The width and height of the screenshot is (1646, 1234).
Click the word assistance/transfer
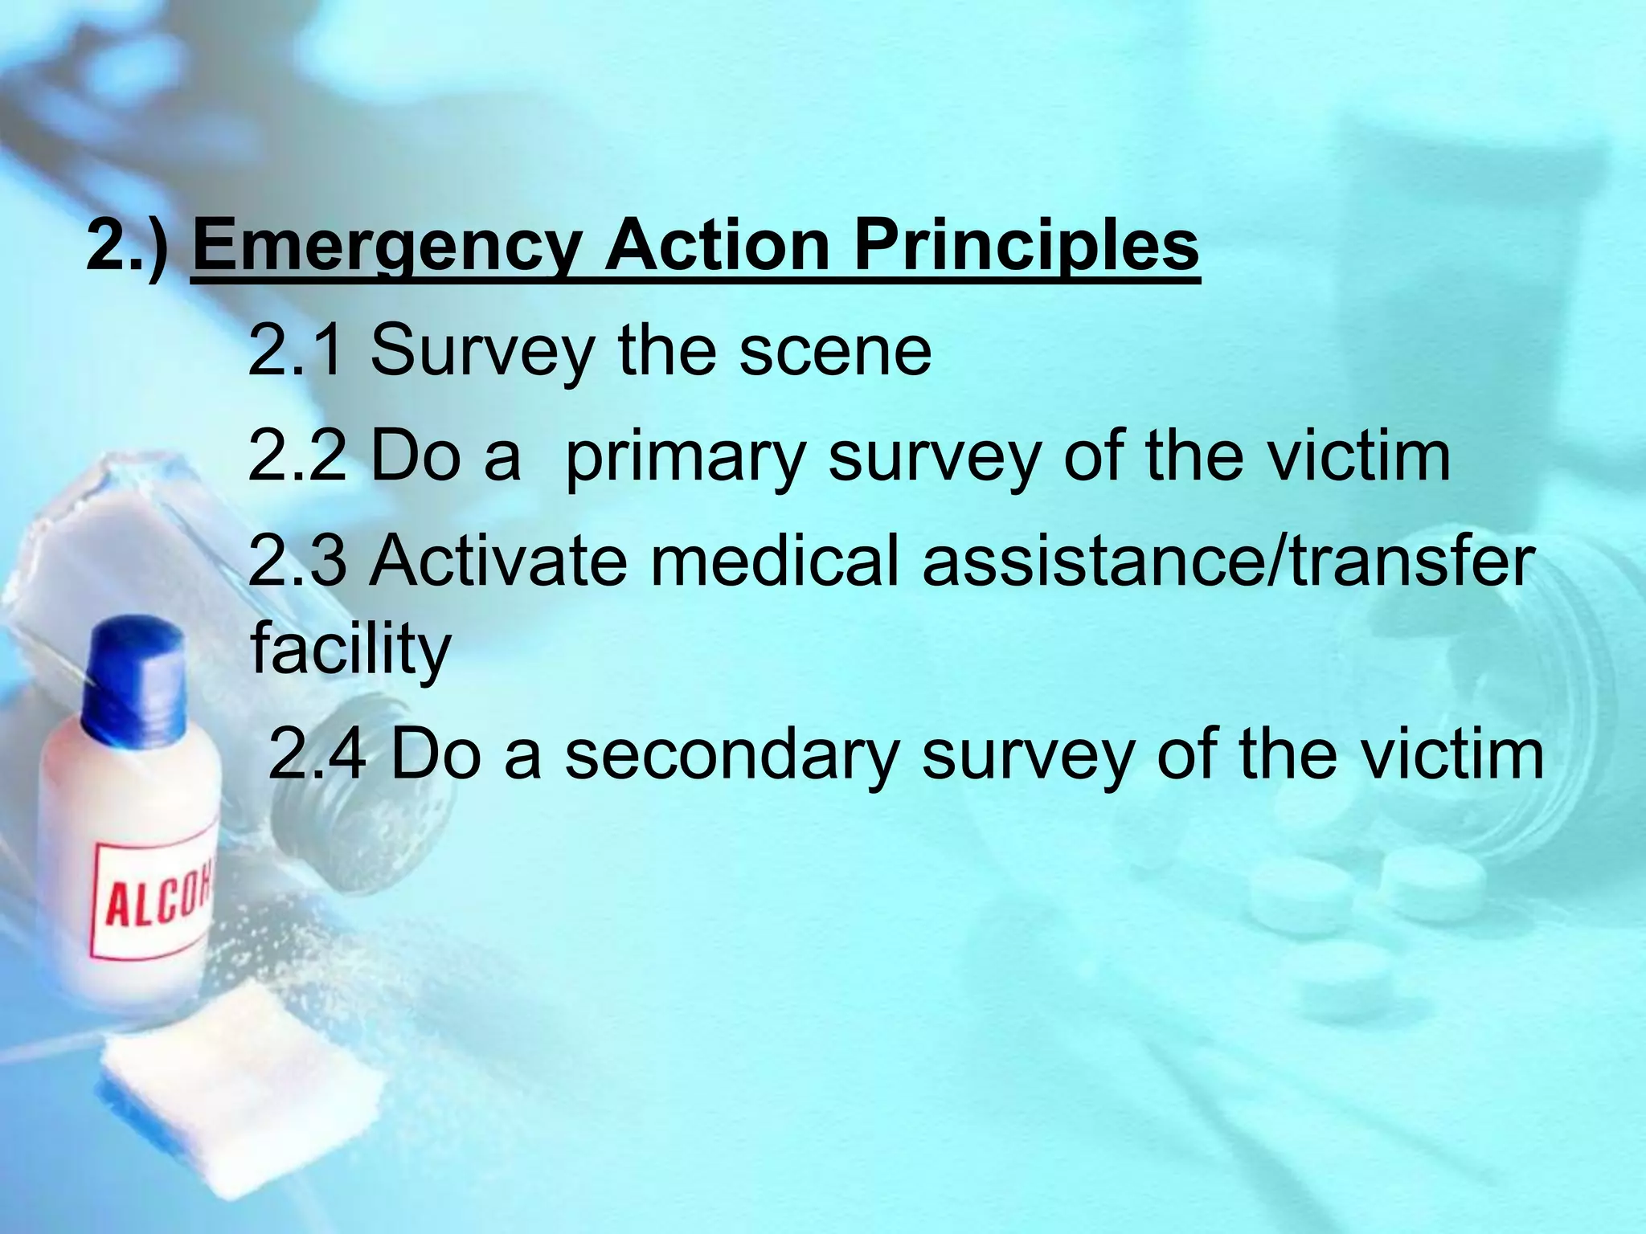[x=1228, y=561]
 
